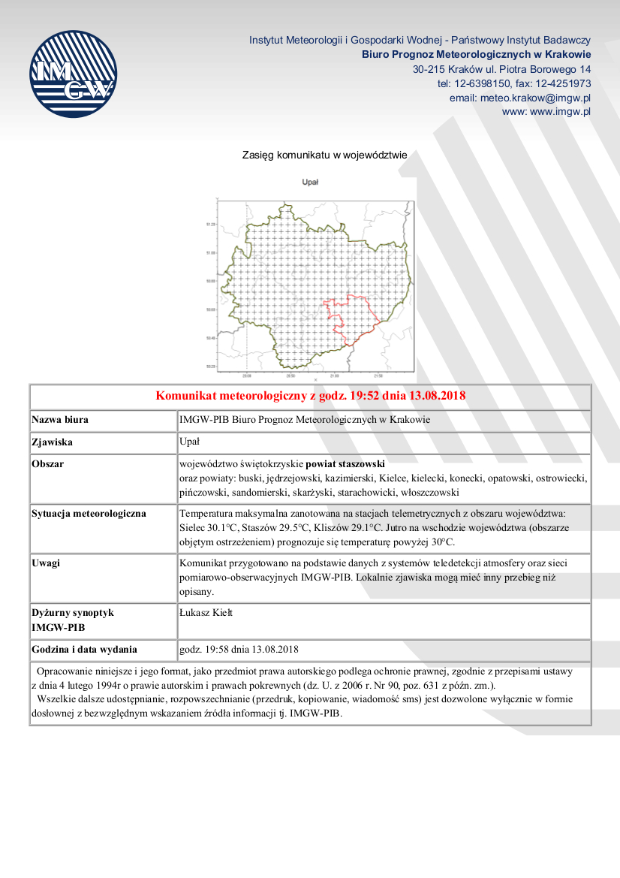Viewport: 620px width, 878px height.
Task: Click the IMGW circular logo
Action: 74,73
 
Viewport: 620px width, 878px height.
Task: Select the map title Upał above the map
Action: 310,183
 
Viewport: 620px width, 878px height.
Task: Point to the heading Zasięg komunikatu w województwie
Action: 324,155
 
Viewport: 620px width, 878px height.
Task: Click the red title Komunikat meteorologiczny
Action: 311,396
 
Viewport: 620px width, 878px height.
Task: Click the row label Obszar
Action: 48,463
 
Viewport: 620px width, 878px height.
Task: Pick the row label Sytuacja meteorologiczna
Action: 89,514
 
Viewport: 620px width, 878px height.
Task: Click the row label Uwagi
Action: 46,563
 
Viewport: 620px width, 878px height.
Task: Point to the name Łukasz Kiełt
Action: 206,613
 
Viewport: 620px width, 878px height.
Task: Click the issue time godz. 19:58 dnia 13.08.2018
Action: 239,649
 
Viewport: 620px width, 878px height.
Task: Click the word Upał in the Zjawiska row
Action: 189,442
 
